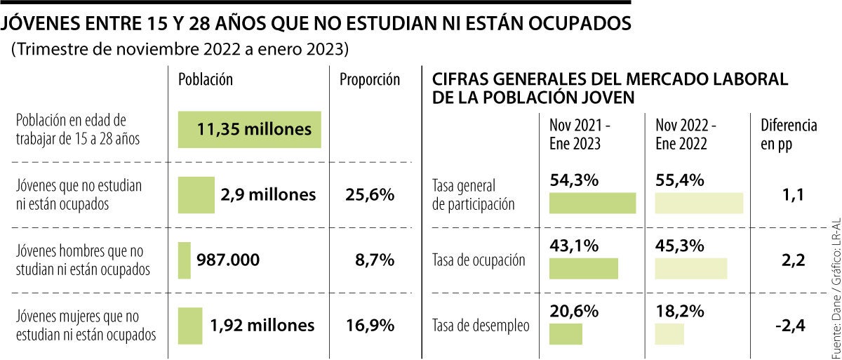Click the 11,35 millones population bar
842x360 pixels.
pyautogui.click(x=250, y=130)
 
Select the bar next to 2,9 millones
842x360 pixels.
pyautogui.click(x=196, y=194)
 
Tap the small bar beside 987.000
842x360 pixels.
pyautogui.click(x=185, y=260)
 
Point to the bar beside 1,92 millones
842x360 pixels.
pyautogui.click(x=190, y=326)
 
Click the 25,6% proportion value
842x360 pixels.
pyautogui.click(x=370, y=194)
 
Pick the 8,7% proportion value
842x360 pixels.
pyautogui.click(x=375, y=260)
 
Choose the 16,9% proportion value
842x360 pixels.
pyautogui.click(x=370, y=326)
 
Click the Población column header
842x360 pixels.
pyautogui.click(x=206, y=79)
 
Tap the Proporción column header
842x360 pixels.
pyautogui.click(x=370, y=79)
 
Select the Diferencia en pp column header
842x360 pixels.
pyautogui.click(x=789, y=134)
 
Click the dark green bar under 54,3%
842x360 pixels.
pyautogui.click(x=592, y=202)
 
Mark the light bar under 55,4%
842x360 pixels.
pyautogui.click(x=699, y=202)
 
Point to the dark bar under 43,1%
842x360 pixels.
pyautogui.click(x=584, y=268)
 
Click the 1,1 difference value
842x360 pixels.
pyautogui.click(x=791, y=194)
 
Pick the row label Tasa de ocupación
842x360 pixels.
pyautogui.click(x=479, y=260)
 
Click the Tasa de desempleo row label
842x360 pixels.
pyautogui.click(x=481, y=326)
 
